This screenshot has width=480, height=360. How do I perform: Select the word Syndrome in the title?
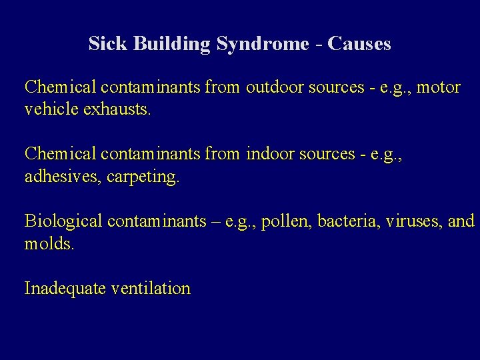262,45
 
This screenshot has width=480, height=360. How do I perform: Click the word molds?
49,243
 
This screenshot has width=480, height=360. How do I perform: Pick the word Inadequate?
65,289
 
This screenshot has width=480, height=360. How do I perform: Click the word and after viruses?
461,221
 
